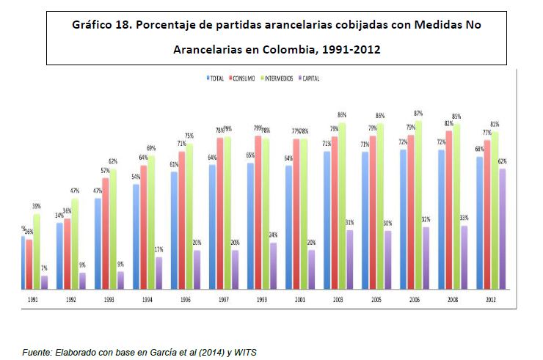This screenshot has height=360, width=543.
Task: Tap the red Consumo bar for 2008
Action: click(x=448, y=209)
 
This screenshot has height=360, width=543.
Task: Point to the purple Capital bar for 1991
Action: click(x=44, y=282)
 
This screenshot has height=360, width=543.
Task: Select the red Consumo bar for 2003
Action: click(x=334, y=212)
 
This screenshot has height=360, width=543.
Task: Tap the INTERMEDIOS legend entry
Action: click(x=280, y=78)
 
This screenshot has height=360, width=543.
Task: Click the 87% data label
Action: click(x=419, y=113)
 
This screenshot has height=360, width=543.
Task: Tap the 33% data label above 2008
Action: click(x=463, y=218)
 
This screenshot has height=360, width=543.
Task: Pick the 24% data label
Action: click(x=272, y=235)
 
